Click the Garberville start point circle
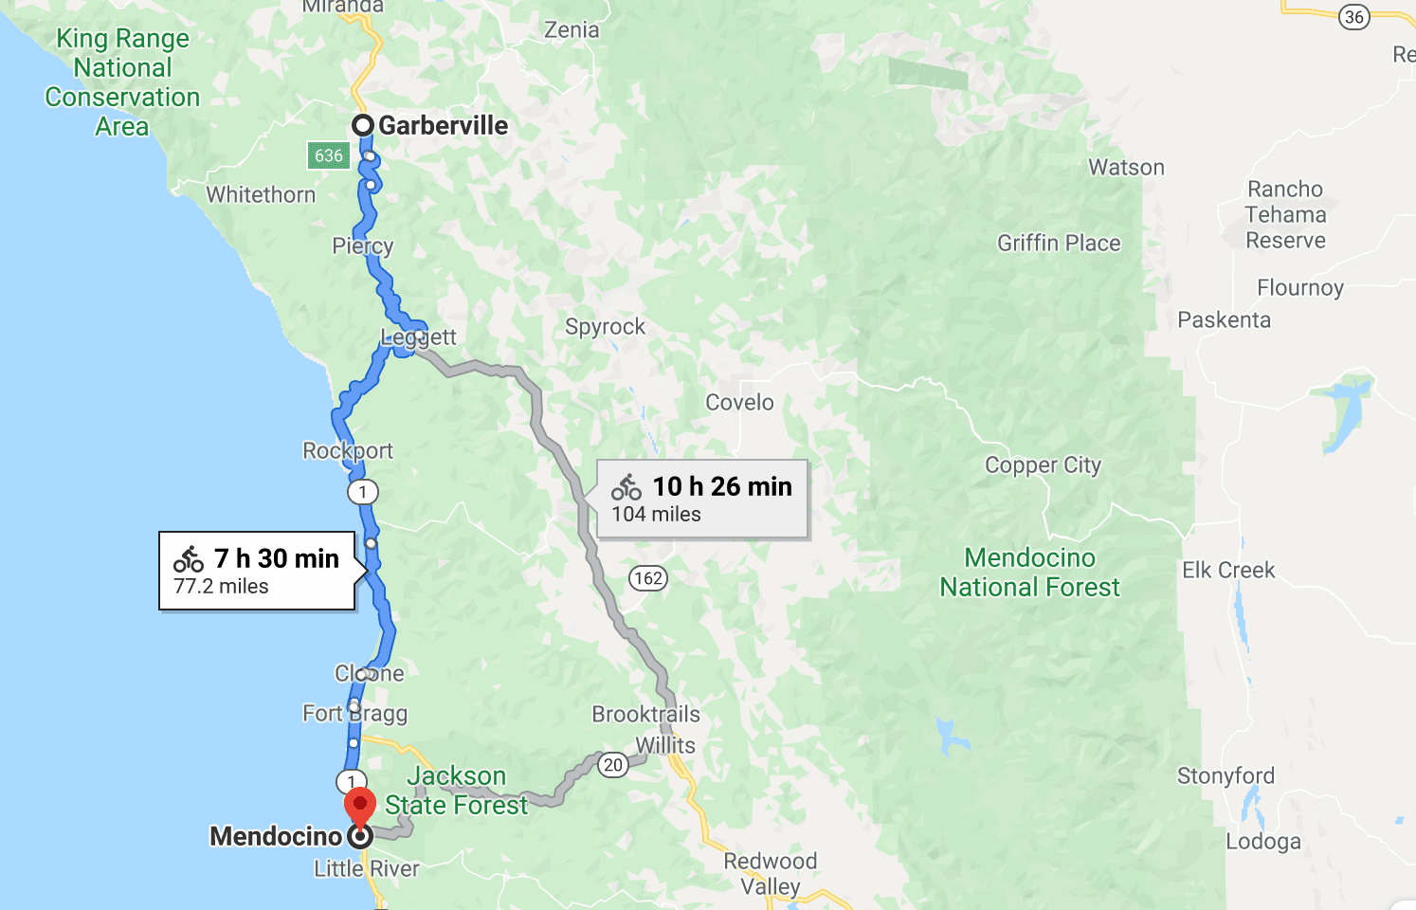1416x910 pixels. (x=362, y=125)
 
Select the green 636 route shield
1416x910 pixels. (x=328, y=155)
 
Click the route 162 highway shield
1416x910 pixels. (x=648, y=578)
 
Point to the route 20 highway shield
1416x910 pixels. (x=613, y=765)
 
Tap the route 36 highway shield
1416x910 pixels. (x=1354, y=16)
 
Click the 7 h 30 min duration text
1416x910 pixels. (x=276, y=558)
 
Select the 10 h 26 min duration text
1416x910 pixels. (x=722, y=486)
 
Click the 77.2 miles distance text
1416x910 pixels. (x=221, y=587)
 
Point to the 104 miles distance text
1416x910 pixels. (x=656, y=515)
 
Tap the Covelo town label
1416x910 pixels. (x=739, y=403)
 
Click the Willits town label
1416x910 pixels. (x=665, y=746)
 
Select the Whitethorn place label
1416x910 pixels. (x=261, y=195)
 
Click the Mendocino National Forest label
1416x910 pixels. (x=1029, y=573)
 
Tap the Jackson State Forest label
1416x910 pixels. (x=456, y=791)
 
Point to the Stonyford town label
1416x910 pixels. (x=1225, y=776)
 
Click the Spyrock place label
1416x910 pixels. (x=605, y=327)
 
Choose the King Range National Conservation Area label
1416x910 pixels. (x=122, y=82)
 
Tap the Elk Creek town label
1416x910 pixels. (x=1228, y=571)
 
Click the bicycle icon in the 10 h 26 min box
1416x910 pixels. (x=626, y=487)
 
